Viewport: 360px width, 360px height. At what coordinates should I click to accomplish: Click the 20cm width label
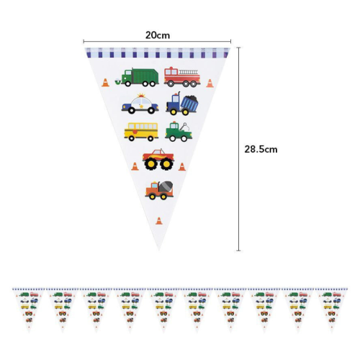pyautogui.click(x=158, y=35)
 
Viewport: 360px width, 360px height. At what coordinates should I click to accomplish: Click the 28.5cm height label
pyautogui.click(x=261, y=149)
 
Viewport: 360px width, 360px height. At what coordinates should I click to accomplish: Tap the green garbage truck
pyautogui.click(x=137, y=77)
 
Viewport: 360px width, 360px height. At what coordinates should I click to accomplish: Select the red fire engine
pyautogui.click(x=182, y=77)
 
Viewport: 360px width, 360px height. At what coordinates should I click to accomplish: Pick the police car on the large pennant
pyautogui.click(x=140, y=104)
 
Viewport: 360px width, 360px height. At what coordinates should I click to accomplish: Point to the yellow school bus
pyautogui.click(x=141, y=132)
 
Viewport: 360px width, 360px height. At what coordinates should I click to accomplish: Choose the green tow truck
pyautogui.click(x=179, y=132)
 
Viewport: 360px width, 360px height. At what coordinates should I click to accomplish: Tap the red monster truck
pyautogui.click(x=158, y=159)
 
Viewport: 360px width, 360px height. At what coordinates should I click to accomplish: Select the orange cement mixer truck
pyautogui.click(x=159, y=190)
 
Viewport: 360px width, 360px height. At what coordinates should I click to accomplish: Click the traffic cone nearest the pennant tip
pyautogui.click(x=159, y=221)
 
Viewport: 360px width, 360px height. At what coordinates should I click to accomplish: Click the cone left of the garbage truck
pyautogui.click(x=105, y=83)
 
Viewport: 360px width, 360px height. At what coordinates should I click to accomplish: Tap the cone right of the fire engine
pyautogui.click(x=210, y=84)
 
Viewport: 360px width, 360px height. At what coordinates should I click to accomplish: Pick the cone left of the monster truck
pyautogui.click(x=135, y=166)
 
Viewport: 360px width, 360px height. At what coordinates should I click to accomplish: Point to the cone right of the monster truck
pyautogui.click(x=182, y=167)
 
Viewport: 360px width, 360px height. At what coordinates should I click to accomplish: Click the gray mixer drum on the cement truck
pyautogui.click(x=166, y=186)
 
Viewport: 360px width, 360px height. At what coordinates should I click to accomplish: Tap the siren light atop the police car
pyautogui.click(x=141, y=95)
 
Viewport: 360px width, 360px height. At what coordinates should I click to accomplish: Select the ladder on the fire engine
pyautogui.click(x=189, y=72)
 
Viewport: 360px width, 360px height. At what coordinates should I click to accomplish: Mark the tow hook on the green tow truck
pyautogui.click(x=185, y=126)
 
